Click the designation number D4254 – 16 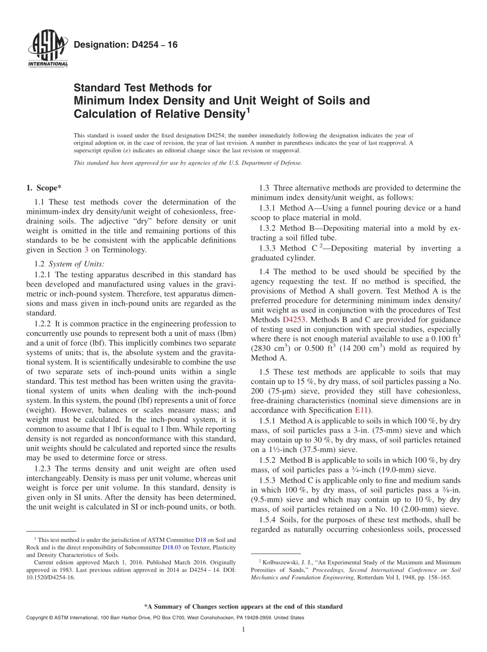coord(126,45)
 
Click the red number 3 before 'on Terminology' coord(86,250)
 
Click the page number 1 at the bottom coord(243,629)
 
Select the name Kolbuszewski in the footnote coord(280,562)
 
